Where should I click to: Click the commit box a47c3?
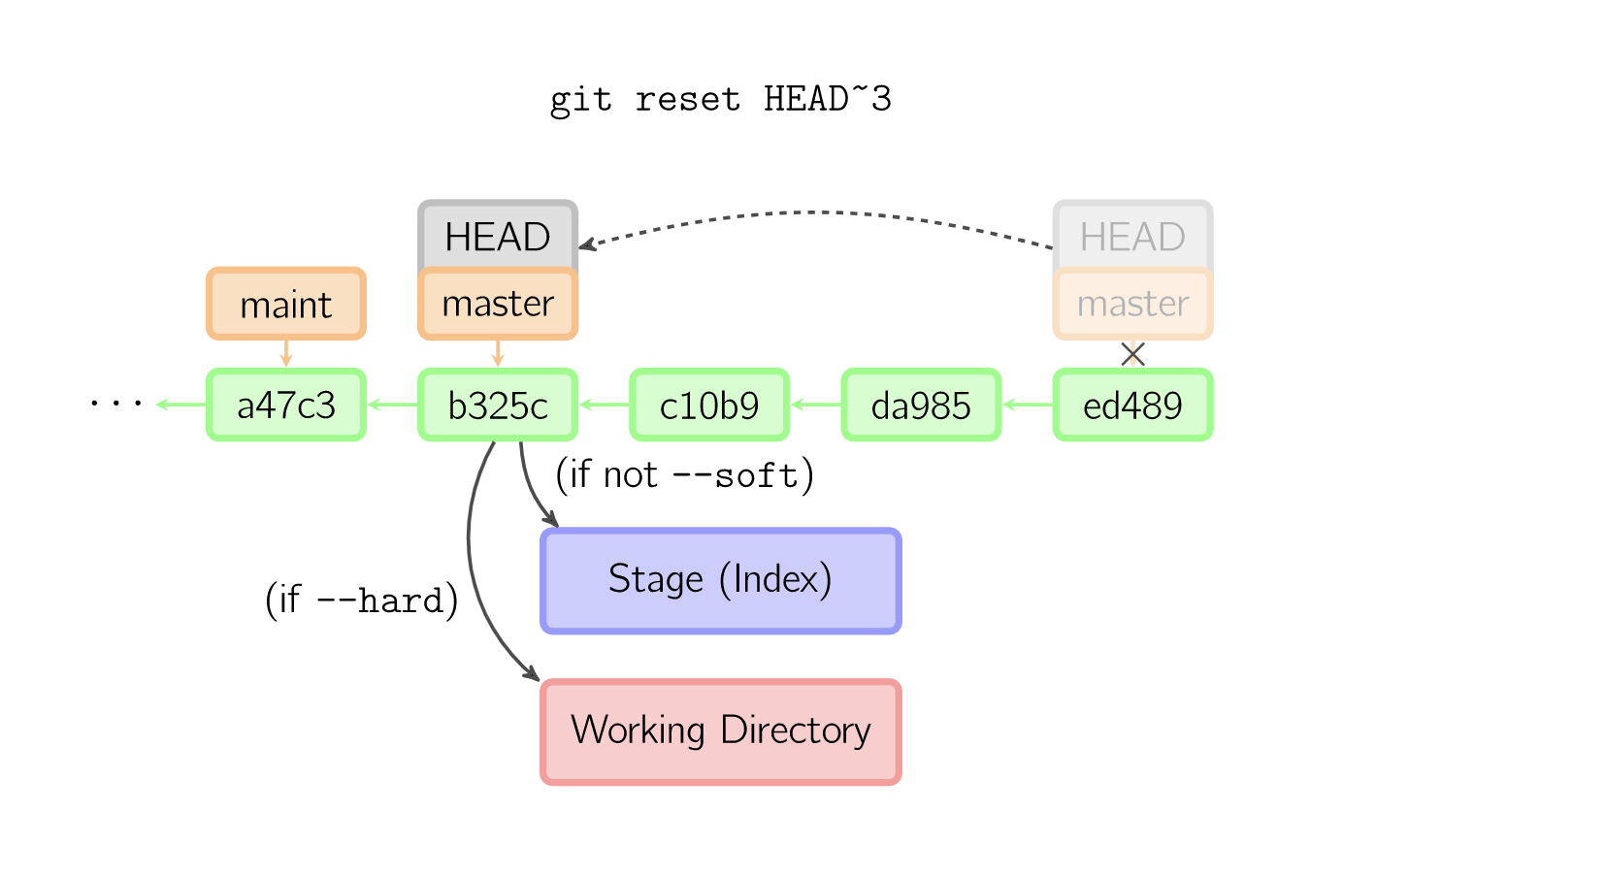click(x=286, y=405)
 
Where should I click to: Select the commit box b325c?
click(x=498, y=405)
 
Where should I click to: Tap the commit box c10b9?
click(x=709, y=405)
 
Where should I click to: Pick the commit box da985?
click(x=921, y=405)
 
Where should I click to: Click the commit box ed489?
click(x=1132, y=405)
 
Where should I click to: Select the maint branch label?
click(x=286, y=305)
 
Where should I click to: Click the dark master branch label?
click(x=498, y=305)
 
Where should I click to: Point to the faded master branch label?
click(x=1132, y=305)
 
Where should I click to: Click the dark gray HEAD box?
click(x=498, y=236)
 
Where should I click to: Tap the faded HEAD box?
click(x=1132, y=236)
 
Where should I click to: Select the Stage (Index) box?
click(x=720, y=580)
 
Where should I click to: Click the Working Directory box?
click(x=720, y=731)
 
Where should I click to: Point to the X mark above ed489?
click(x=1132, y=354)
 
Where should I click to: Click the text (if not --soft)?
click(x=684, y=475)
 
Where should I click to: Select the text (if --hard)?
click(x=361, y=601)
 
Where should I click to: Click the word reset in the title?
click(x=687, y=99)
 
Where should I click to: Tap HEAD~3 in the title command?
click(x=827, y=99)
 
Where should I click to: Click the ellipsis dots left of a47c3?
click(x=116, y=403)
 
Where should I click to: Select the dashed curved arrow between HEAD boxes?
click(x=815, y=212)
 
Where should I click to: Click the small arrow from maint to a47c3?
click(x=286, y=353)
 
